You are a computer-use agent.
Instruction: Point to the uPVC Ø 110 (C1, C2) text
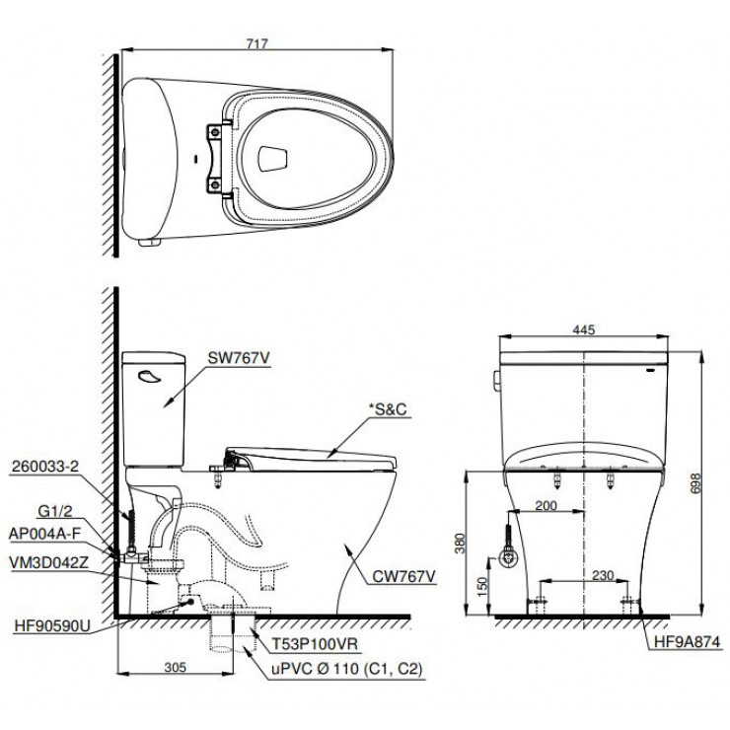347,668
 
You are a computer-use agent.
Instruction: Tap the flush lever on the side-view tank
149,374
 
